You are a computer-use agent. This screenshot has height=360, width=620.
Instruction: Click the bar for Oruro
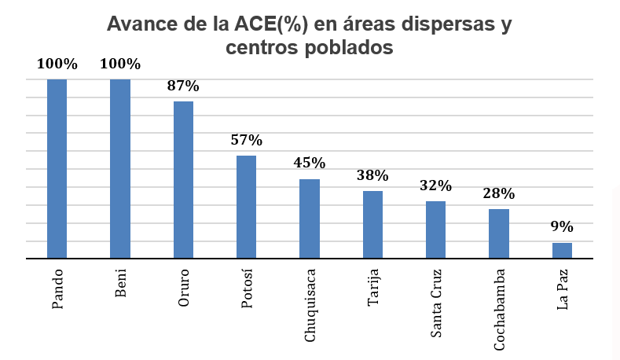[183, 179]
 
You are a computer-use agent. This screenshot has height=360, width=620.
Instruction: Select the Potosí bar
[246, 207]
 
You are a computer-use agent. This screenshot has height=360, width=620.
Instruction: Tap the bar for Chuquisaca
[310, 219]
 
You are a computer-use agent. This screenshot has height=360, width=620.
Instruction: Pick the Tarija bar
[372, 225]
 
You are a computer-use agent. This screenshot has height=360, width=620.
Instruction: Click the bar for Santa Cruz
[435, 230]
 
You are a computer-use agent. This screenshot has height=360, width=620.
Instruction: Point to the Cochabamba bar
[499, 233]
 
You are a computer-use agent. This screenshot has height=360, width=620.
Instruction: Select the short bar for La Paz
[562, 250]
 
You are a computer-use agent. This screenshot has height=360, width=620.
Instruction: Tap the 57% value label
[246, 141]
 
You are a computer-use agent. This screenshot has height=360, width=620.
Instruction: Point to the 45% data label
[310, 163]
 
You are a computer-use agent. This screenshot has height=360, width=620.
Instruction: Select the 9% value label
[562, 227]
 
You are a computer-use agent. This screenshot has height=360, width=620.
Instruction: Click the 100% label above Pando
[57, 64]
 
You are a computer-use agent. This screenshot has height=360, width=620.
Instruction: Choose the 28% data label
[499, 193]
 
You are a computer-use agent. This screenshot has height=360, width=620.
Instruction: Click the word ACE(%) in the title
[268, 24]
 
